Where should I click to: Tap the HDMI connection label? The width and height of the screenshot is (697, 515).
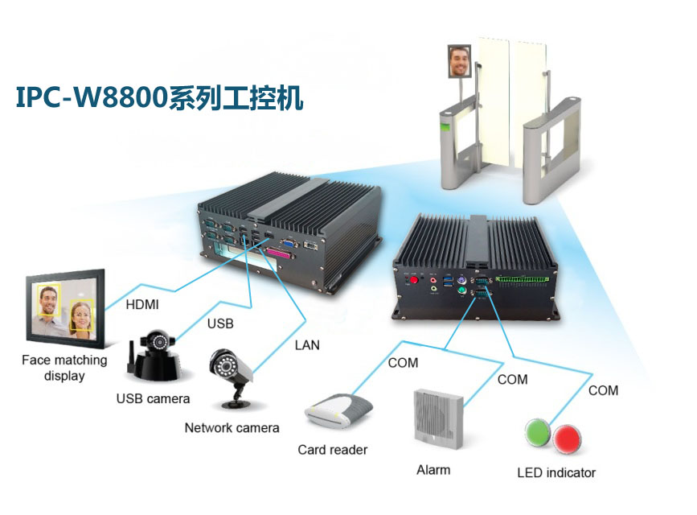click(141, 305)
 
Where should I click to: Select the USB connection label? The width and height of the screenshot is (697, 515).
click(220, 324)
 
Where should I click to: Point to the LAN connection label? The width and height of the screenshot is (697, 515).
click(306, 345)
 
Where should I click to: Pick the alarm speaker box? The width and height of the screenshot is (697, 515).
click(438, 415)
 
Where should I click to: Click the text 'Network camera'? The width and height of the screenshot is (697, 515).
click(232, 427)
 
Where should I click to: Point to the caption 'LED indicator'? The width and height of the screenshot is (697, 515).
click(556, 472)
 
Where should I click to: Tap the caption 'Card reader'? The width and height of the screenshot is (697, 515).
click(333, 449)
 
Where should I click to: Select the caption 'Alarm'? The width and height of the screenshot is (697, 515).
click(433, 469)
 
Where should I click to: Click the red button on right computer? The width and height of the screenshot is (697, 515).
click(416, 282)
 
